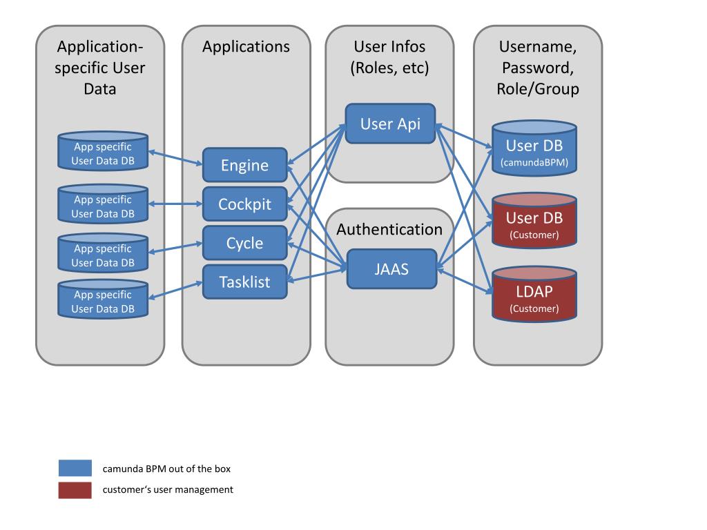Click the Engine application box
tap(245, 165)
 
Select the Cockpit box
tap(245, 204)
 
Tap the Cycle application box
tap(245, 243)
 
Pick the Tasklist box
tap(245, 282)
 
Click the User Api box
tap(391, 124)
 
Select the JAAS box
tap(392, 269)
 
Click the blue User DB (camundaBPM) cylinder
tap(534, 148)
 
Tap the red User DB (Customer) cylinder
tap(534, 221)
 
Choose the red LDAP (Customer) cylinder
tap(534, 294)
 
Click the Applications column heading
tap(246, 47)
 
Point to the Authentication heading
tap(389, 229)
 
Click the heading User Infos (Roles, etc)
tap(389, 57)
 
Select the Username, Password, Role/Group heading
tap(538, 68)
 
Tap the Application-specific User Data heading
tap(100, 68)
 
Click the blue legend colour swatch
tap(75, 468)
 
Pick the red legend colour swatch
tap(75, 491)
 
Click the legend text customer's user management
tap(168, 490)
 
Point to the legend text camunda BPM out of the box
tap(166, 469)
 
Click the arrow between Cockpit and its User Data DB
tap(175, 204)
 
